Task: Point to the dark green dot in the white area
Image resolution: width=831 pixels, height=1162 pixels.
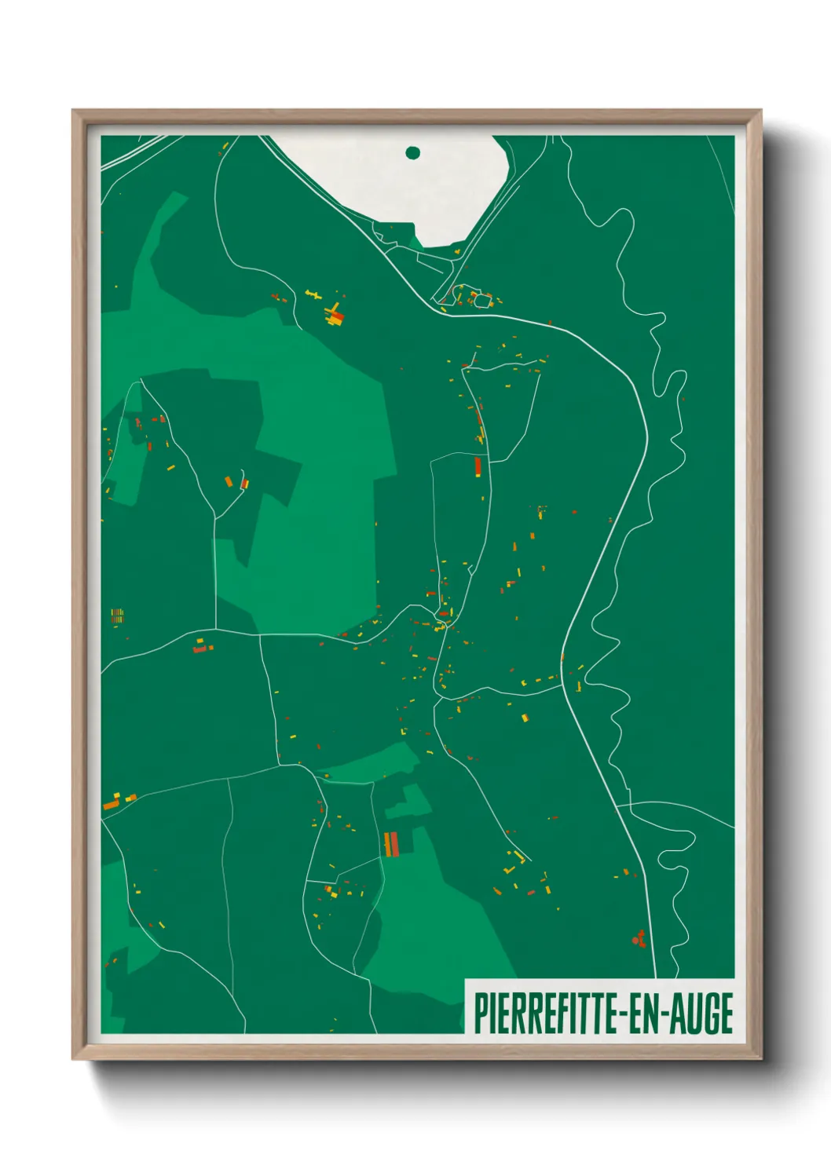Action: [413, 152]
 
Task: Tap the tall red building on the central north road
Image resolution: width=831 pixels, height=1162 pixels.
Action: [478, 467]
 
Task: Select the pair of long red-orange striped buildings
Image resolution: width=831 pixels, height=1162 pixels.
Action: [391, 844]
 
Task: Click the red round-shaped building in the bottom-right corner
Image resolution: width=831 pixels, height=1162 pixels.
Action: [639, 938]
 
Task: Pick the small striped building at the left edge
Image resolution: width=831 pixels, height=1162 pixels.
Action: [117, 616]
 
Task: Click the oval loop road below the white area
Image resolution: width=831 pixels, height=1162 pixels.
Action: [481, 299]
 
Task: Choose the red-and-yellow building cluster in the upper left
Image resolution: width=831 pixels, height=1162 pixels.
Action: [335, 316]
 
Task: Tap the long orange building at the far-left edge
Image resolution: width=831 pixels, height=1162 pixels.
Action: [110, 805]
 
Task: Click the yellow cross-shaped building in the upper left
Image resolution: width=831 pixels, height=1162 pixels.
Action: [313, 294]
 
